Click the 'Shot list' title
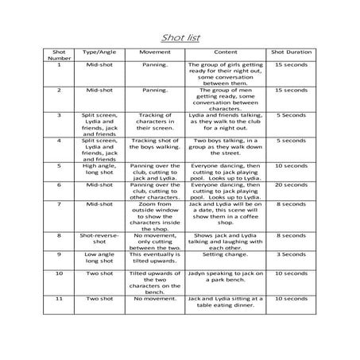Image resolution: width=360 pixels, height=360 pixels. (x=180, y=36)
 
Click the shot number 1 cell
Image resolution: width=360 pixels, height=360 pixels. (x=59, y=65)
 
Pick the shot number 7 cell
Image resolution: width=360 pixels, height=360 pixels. (x=59, y=205)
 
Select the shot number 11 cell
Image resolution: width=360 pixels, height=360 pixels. (x=59, y=299)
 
